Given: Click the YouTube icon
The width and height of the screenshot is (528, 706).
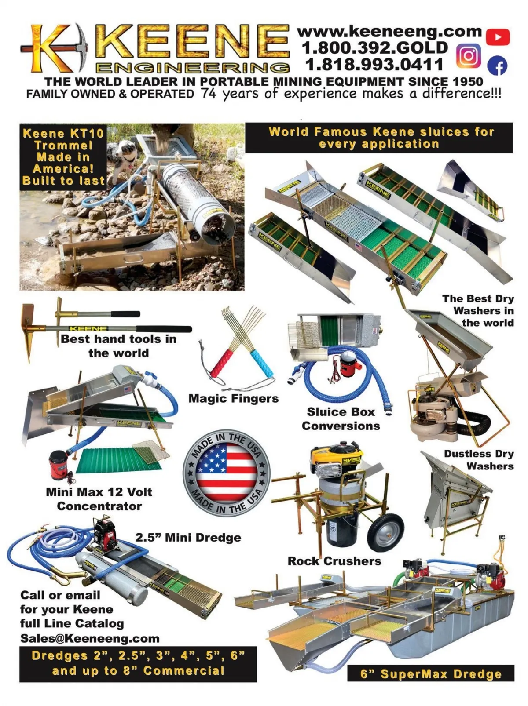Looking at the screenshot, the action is coord(497,37).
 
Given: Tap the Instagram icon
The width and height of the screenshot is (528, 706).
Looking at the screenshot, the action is coord(469,56).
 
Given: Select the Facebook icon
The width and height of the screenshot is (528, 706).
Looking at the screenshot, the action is coord(497,66).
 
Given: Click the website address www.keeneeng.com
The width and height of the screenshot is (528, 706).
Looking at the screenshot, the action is coord(389,32).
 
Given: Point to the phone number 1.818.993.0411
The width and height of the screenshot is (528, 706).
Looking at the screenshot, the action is coord(374,64).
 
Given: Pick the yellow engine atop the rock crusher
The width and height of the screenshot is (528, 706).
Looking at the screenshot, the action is coord(336,455).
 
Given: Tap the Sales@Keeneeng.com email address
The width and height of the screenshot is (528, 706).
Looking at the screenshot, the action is coord(90,638).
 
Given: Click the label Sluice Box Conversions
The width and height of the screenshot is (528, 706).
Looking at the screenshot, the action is coord(341,419).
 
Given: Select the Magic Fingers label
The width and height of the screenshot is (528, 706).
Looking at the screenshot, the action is coord(233,399).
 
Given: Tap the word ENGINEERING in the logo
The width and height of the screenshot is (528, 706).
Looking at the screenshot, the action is coord(193,68).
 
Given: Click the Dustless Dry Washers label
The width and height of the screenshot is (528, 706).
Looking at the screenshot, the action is coord(479,460).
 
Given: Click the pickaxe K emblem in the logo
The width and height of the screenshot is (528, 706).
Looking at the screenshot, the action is coord(53,47).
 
